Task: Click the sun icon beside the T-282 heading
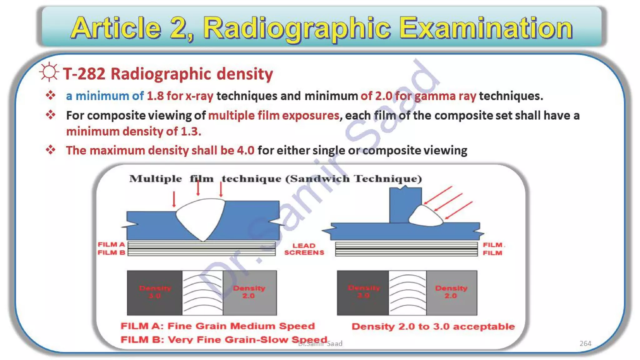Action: [49, 72]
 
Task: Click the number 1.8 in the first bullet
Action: [155, 96]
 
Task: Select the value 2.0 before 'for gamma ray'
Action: [383, 96]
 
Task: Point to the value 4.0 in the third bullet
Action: [246, 151]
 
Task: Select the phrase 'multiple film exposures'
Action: [273, 116]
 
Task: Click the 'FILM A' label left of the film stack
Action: [111, 245]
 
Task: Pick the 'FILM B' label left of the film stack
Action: [111, 252]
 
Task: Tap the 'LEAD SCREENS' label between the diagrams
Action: [304, 249]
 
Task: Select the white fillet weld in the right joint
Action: [425, 217]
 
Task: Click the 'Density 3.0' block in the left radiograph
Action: [155, 292]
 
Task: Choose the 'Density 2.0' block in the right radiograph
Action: [451, 292]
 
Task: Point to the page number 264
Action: [585, 343]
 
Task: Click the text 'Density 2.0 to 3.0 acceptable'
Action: [433, 327]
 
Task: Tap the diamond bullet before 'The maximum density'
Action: [50, 150]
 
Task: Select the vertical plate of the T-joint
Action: [405, 205]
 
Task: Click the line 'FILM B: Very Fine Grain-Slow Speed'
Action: [224, 340]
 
